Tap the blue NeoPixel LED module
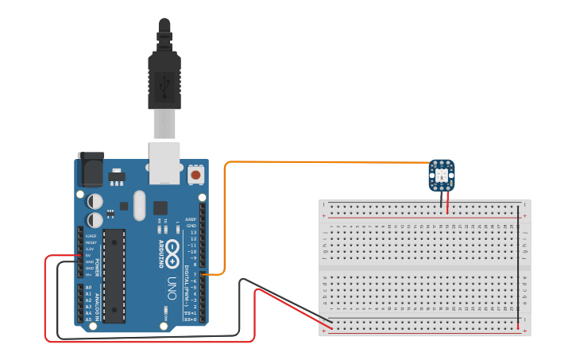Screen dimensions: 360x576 (x=443, y=174)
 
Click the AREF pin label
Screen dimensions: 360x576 (x=191, y=219)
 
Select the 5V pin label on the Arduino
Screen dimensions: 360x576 (x=88, y=255)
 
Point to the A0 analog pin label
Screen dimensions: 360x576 (x=88, y=287)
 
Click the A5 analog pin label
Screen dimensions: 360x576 (x=88, y=319)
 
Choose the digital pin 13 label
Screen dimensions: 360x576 (x=192, y=232)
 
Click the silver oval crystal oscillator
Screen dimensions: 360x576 (x=140, y=205)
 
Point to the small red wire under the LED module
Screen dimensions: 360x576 (x=448, y=203)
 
